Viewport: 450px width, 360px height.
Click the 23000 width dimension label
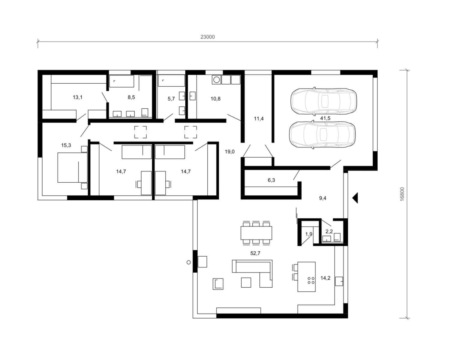(207, 37)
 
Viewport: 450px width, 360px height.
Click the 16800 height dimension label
(402, 194)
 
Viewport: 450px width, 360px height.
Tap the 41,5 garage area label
(325, 118)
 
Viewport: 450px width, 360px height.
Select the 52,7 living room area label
(255, 253)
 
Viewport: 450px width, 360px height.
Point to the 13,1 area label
(78, 97)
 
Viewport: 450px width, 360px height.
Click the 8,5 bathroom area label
(131, 97)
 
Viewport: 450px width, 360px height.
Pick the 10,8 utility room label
(216, 99)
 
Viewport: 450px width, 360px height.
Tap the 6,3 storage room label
(271, 180)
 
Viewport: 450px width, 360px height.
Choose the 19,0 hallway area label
(229, 152)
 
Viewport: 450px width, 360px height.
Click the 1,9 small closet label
(309, 234)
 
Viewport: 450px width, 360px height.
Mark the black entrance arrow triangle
(355, 198)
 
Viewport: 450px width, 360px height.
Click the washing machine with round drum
(216, 80)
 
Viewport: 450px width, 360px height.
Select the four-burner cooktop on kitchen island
(311, 280)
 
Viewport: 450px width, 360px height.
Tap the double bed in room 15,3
(72, 168)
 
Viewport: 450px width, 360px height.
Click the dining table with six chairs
(256, 233)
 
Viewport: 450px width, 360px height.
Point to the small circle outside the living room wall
(189, 262)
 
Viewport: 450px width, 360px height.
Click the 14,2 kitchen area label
(325, 278)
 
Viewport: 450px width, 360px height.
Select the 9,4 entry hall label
(323, 198)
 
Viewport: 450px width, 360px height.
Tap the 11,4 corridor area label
(259, 119)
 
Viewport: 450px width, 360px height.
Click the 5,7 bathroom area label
(171, 99)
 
